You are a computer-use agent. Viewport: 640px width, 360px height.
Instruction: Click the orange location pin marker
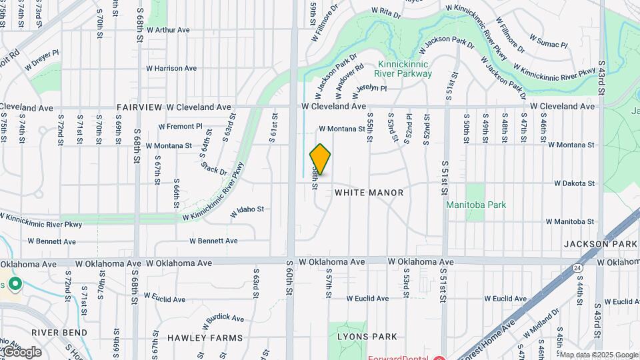[x=320, y=159]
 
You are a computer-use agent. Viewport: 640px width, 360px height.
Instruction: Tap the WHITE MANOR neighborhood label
[x=369, y=193]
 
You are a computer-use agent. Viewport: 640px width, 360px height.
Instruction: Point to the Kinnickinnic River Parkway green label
[x=405, y=69]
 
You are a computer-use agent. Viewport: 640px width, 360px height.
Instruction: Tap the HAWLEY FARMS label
[x=205, y=338]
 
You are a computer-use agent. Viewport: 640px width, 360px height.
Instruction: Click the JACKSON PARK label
[x=601, y=245]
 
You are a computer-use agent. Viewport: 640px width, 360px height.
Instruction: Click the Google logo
[x=21, y=351]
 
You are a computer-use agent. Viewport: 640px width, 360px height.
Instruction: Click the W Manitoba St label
[x=570, y=221]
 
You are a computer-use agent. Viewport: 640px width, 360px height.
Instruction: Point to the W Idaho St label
[x=247, y=210]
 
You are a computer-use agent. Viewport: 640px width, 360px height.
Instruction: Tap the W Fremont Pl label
[x=180, y=127]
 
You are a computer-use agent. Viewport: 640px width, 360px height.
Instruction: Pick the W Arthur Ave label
[x=168, y=30]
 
